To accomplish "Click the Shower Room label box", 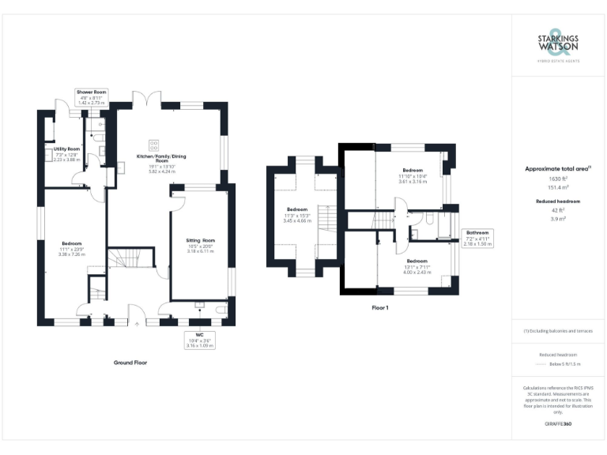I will (x=92, y=98).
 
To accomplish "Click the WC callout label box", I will (x=200, y=340).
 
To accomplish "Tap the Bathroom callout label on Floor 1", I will (x=477, y=239).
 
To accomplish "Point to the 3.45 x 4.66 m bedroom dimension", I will (x=297, y=220).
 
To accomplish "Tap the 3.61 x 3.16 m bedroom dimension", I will (x=413, y=182).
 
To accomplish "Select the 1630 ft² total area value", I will (x=558, y=179).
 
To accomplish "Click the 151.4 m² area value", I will (x=558, y=188).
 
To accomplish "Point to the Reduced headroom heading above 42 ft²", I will (x=558, y=201).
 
